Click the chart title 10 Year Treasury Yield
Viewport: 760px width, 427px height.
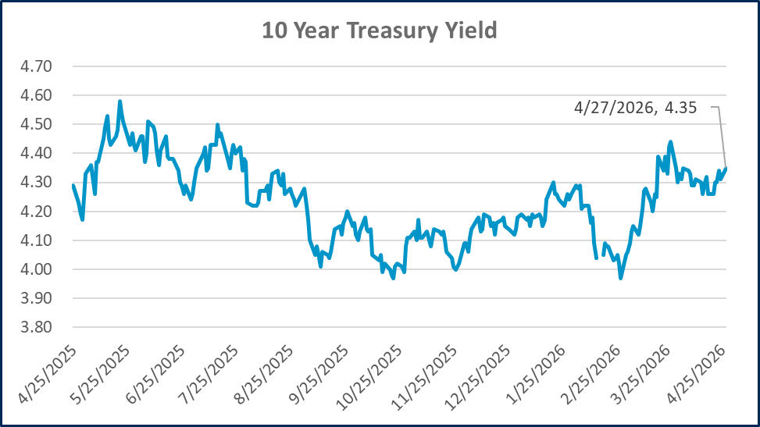pyautogui.click(x=380, y=31)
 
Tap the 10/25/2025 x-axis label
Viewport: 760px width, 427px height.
pyautogui.click(x=373, y=372)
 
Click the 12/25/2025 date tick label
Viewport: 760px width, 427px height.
pyautogui.click(x=483, y=372)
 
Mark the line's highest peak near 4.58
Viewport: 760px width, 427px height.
pyautogui.click(x=120, y=101)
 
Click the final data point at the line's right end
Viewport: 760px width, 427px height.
pyautogui.click(x=726, y=168)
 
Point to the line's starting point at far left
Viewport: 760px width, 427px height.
pyautogui.click(x=72, y=185)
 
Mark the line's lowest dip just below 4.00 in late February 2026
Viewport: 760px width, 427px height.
pyautogui.click(x=620, y=278)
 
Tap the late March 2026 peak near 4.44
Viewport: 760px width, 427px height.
pyautogui.click(x=670, y=142)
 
